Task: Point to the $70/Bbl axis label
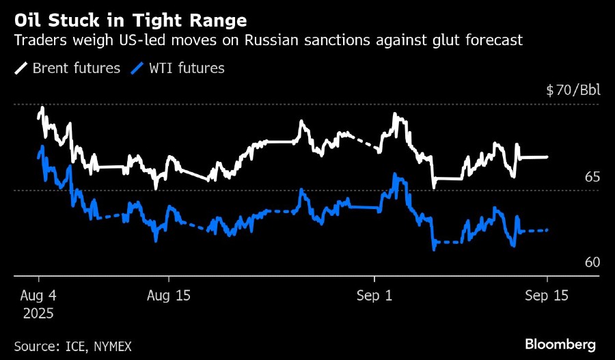(572, 90)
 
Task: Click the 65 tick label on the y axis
(591, 177)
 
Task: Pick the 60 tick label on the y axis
(591, 263)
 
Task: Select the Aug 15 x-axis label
(169, 296)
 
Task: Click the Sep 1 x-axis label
(374, 296)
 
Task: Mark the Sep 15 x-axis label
(547, 296)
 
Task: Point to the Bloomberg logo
(560, 344)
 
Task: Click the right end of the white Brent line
(547, 157)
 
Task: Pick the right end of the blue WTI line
(547, 230)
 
